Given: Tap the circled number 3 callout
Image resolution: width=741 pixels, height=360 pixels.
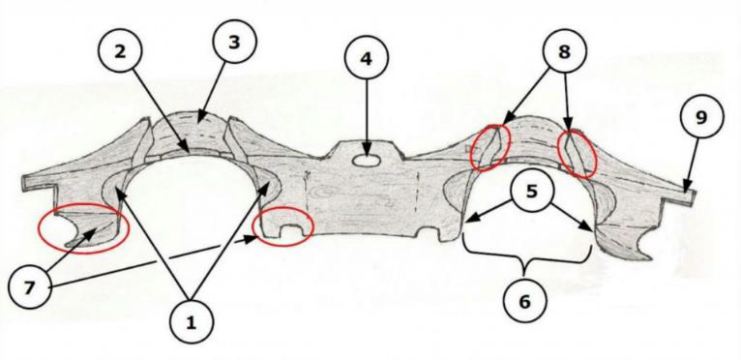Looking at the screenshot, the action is [234, 42].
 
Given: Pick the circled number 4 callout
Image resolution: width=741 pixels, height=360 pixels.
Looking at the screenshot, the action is [367, 58].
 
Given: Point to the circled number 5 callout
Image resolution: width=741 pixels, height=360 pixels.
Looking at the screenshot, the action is [532, 195].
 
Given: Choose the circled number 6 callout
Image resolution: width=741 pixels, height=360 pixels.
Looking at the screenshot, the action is [524, 301].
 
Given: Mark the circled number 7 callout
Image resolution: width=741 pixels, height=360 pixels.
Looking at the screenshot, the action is [30, 288].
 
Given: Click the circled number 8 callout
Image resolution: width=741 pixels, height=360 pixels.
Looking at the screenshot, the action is [564, 52].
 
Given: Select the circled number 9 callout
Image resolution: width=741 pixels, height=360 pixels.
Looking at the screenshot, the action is [701, 116].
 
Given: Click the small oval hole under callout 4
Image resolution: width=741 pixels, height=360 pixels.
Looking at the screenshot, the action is [367, 161].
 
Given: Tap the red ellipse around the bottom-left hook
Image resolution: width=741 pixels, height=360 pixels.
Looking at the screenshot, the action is [83, 230].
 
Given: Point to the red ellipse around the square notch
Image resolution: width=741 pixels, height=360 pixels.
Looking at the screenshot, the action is [283, 227].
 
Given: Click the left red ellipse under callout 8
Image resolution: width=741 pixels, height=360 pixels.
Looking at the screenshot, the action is [491, 148].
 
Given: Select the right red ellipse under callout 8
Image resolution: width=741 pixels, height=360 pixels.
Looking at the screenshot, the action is [577, 154].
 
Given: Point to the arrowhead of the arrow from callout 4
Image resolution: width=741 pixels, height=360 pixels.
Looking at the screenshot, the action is [367, 150].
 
